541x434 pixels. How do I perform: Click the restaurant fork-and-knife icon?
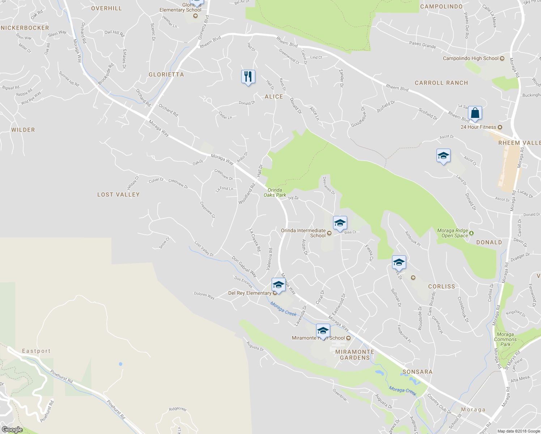(248, 77)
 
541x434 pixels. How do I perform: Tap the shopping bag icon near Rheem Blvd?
(475, 113)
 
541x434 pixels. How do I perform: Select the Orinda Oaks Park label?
(274, 192)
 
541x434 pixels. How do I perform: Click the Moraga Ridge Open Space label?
(452, 233)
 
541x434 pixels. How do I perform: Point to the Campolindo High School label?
(470, 58)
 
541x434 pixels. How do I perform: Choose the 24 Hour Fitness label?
(478, 127)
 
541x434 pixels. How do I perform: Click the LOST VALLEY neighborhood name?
(118, 195)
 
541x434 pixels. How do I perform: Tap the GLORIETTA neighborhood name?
(166, 75)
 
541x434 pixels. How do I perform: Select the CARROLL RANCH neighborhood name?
(441, 83)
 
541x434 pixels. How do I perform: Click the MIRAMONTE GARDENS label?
(355, 354)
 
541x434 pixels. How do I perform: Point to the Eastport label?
(36, 351)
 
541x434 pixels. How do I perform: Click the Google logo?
(12, 430)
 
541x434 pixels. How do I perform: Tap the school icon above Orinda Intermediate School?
(340, 223)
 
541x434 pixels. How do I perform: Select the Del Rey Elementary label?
(250, 293)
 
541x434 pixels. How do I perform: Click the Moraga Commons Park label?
(505, 339)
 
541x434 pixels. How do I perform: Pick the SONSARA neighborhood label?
(417, 372)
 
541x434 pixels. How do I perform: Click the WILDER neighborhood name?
(23, 130)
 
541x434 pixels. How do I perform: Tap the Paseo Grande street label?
(422, 45)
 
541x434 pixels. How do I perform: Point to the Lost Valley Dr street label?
(204, 249)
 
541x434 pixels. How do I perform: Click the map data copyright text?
(519, 431)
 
